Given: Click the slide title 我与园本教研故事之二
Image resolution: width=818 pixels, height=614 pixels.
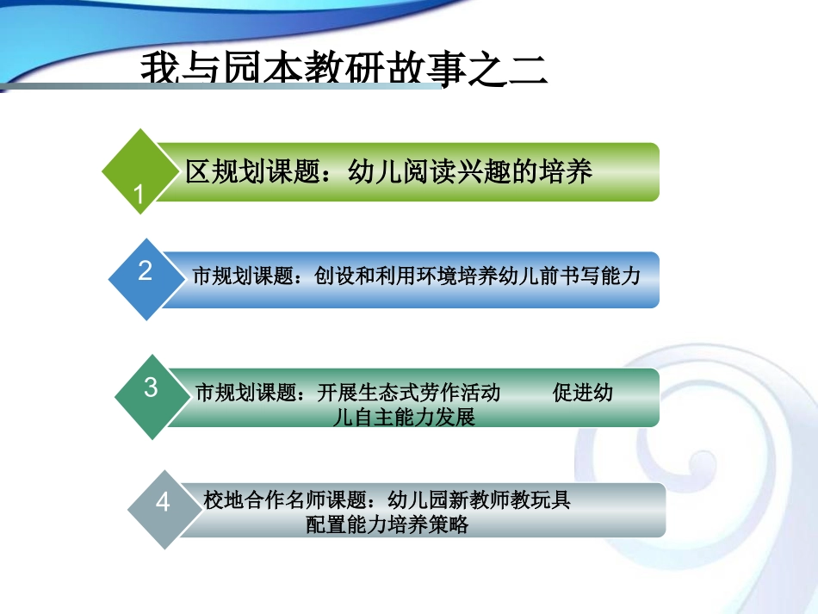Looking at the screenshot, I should tap(344, 69).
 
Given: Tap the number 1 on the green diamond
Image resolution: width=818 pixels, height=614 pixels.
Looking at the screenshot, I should tap(139, 195).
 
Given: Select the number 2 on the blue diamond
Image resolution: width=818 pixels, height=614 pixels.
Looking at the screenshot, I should tap(145, 270).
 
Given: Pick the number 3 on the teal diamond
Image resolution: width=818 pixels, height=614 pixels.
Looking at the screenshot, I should tap(151, 388).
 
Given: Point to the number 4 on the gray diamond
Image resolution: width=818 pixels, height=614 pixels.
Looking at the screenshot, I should tap(164, 502).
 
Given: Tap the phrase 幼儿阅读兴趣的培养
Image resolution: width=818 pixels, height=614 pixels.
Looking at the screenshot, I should tap(470, 172).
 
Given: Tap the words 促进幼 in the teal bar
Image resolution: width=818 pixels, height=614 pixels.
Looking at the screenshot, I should tap(583, 394).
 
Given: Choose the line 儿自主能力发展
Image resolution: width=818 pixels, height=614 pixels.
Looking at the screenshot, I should tap(404, 419).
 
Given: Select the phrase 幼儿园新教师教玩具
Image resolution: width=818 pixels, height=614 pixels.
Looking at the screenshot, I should tap(480, 499).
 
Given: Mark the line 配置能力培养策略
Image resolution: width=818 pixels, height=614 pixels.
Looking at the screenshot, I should tap(387, 524).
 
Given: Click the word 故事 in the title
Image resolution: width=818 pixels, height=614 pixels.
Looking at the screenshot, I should tap(427, 69).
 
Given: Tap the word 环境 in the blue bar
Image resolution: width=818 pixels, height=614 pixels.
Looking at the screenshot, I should tap(467, 276).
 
